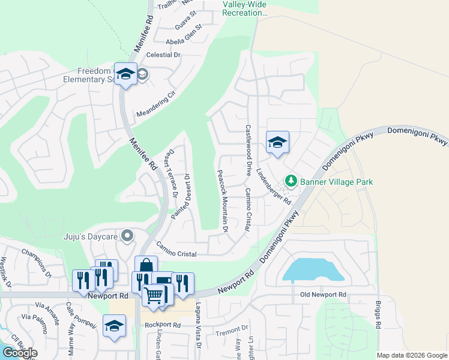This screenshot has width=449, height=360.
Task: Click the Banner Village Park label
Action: pos(336,182)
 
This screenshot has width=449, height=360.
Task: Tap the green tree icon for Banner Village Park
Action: pos(291,181)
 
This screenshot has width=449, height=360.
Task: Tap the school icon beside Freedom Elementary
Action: pos(125,74)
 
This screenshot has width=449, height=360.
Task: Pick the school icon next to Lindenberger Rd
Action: pos(277,143)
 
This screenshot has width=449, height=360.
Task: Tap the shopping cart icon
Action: pos(154,294)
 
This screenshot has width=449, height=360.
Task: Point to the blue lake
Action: pos(312,270)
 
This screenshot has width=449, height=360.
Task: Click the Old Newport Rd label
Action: pos(324,295)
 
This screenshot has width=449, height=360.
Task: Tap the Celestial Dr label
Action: pos(163,55)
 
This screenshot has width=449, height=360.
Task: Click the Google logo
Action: pos(20,353)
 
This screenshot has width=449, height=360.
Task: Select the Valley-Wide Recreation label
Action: pos(245,8)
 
